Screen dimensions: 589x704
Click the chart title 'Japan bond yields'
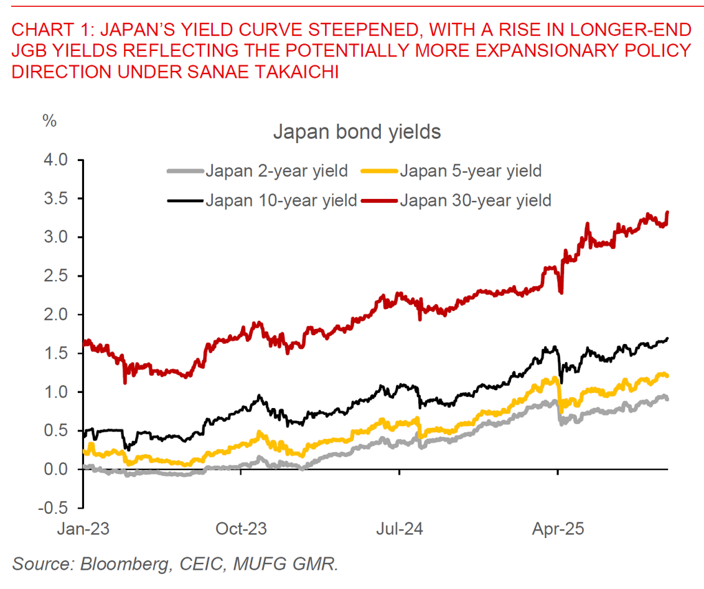356,131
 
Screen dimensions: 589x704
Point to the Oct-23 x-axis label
240,530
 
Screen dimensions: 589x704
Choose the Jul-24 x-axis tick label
400,530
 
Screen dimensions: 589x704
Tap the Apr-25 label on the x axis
558,530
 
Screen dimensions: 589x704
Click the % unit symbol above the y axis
50,120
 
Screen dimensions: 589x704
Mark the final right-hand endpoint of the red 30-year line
668,213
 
